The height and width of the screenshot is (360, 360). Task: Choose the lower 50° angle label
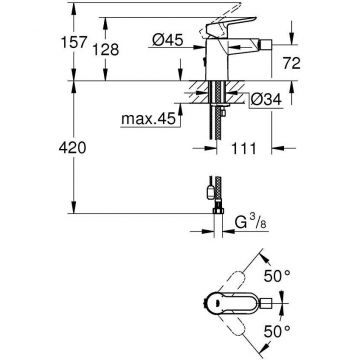click(x=303, y=329)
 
